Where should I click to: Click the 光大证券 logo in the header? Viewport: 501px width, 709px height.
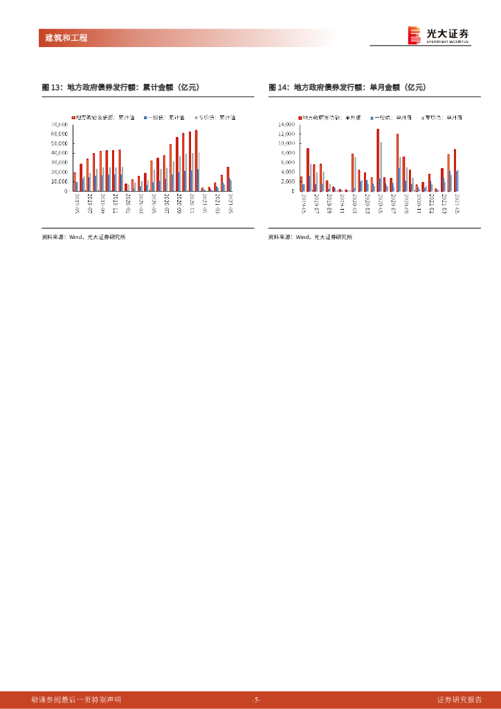[438, 35]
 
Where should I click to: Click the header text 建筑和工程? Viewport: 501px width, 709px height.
[62, 38]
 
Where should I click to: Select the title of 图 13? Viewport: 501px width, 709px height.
[120, 87]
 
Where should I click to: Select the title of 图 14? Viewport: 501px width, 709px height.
[347, 87]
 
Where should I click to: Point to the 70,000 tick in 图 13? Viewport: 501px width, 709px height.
[59, 125]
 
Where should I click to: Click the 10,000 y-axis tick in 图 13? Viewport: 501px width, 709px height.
[59, 181]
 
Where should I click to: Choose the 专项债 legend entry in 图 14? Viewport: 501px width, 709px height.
[444, 118]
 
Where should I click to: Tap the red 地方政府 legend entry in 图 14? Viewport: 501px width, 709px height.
[325, 118]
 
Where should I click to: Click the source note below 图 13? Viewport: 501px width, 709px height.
[83, 237]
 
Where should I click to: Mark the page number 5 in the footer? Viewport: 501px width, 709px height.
[255, 700]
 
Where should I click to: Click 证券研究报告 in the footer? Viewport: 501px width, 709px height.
[459, 699]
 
